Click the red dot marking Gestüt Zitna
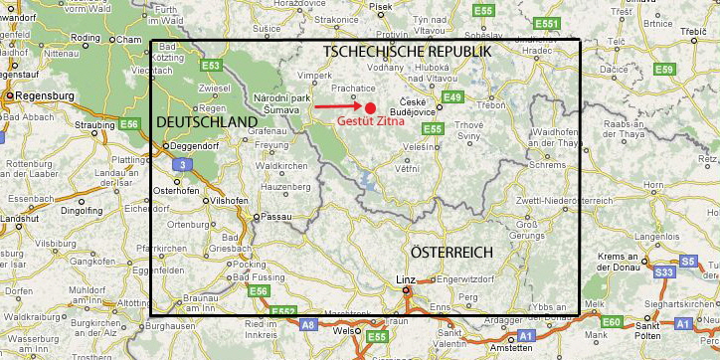pyautogui.click(x=370, y=107)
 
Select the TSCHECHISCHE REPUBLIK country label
pyautogui.click(x=406, y=51)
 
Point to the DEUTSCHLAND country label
pyautogui.click(x=207, y=121)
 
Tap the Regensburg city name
pyautogui.click(x=43, y=95)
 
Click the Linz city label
pyautogui.click(x=405, y=279)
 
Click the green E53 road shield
pyautogui.click(x=210, y=66)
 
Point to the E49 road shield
pyautogui.click(x=453, y=96)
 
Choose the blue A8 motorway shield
pyautogui.click(x=308, y=325)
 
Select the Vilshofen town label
pyautogui.click(x=229, y=200)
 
